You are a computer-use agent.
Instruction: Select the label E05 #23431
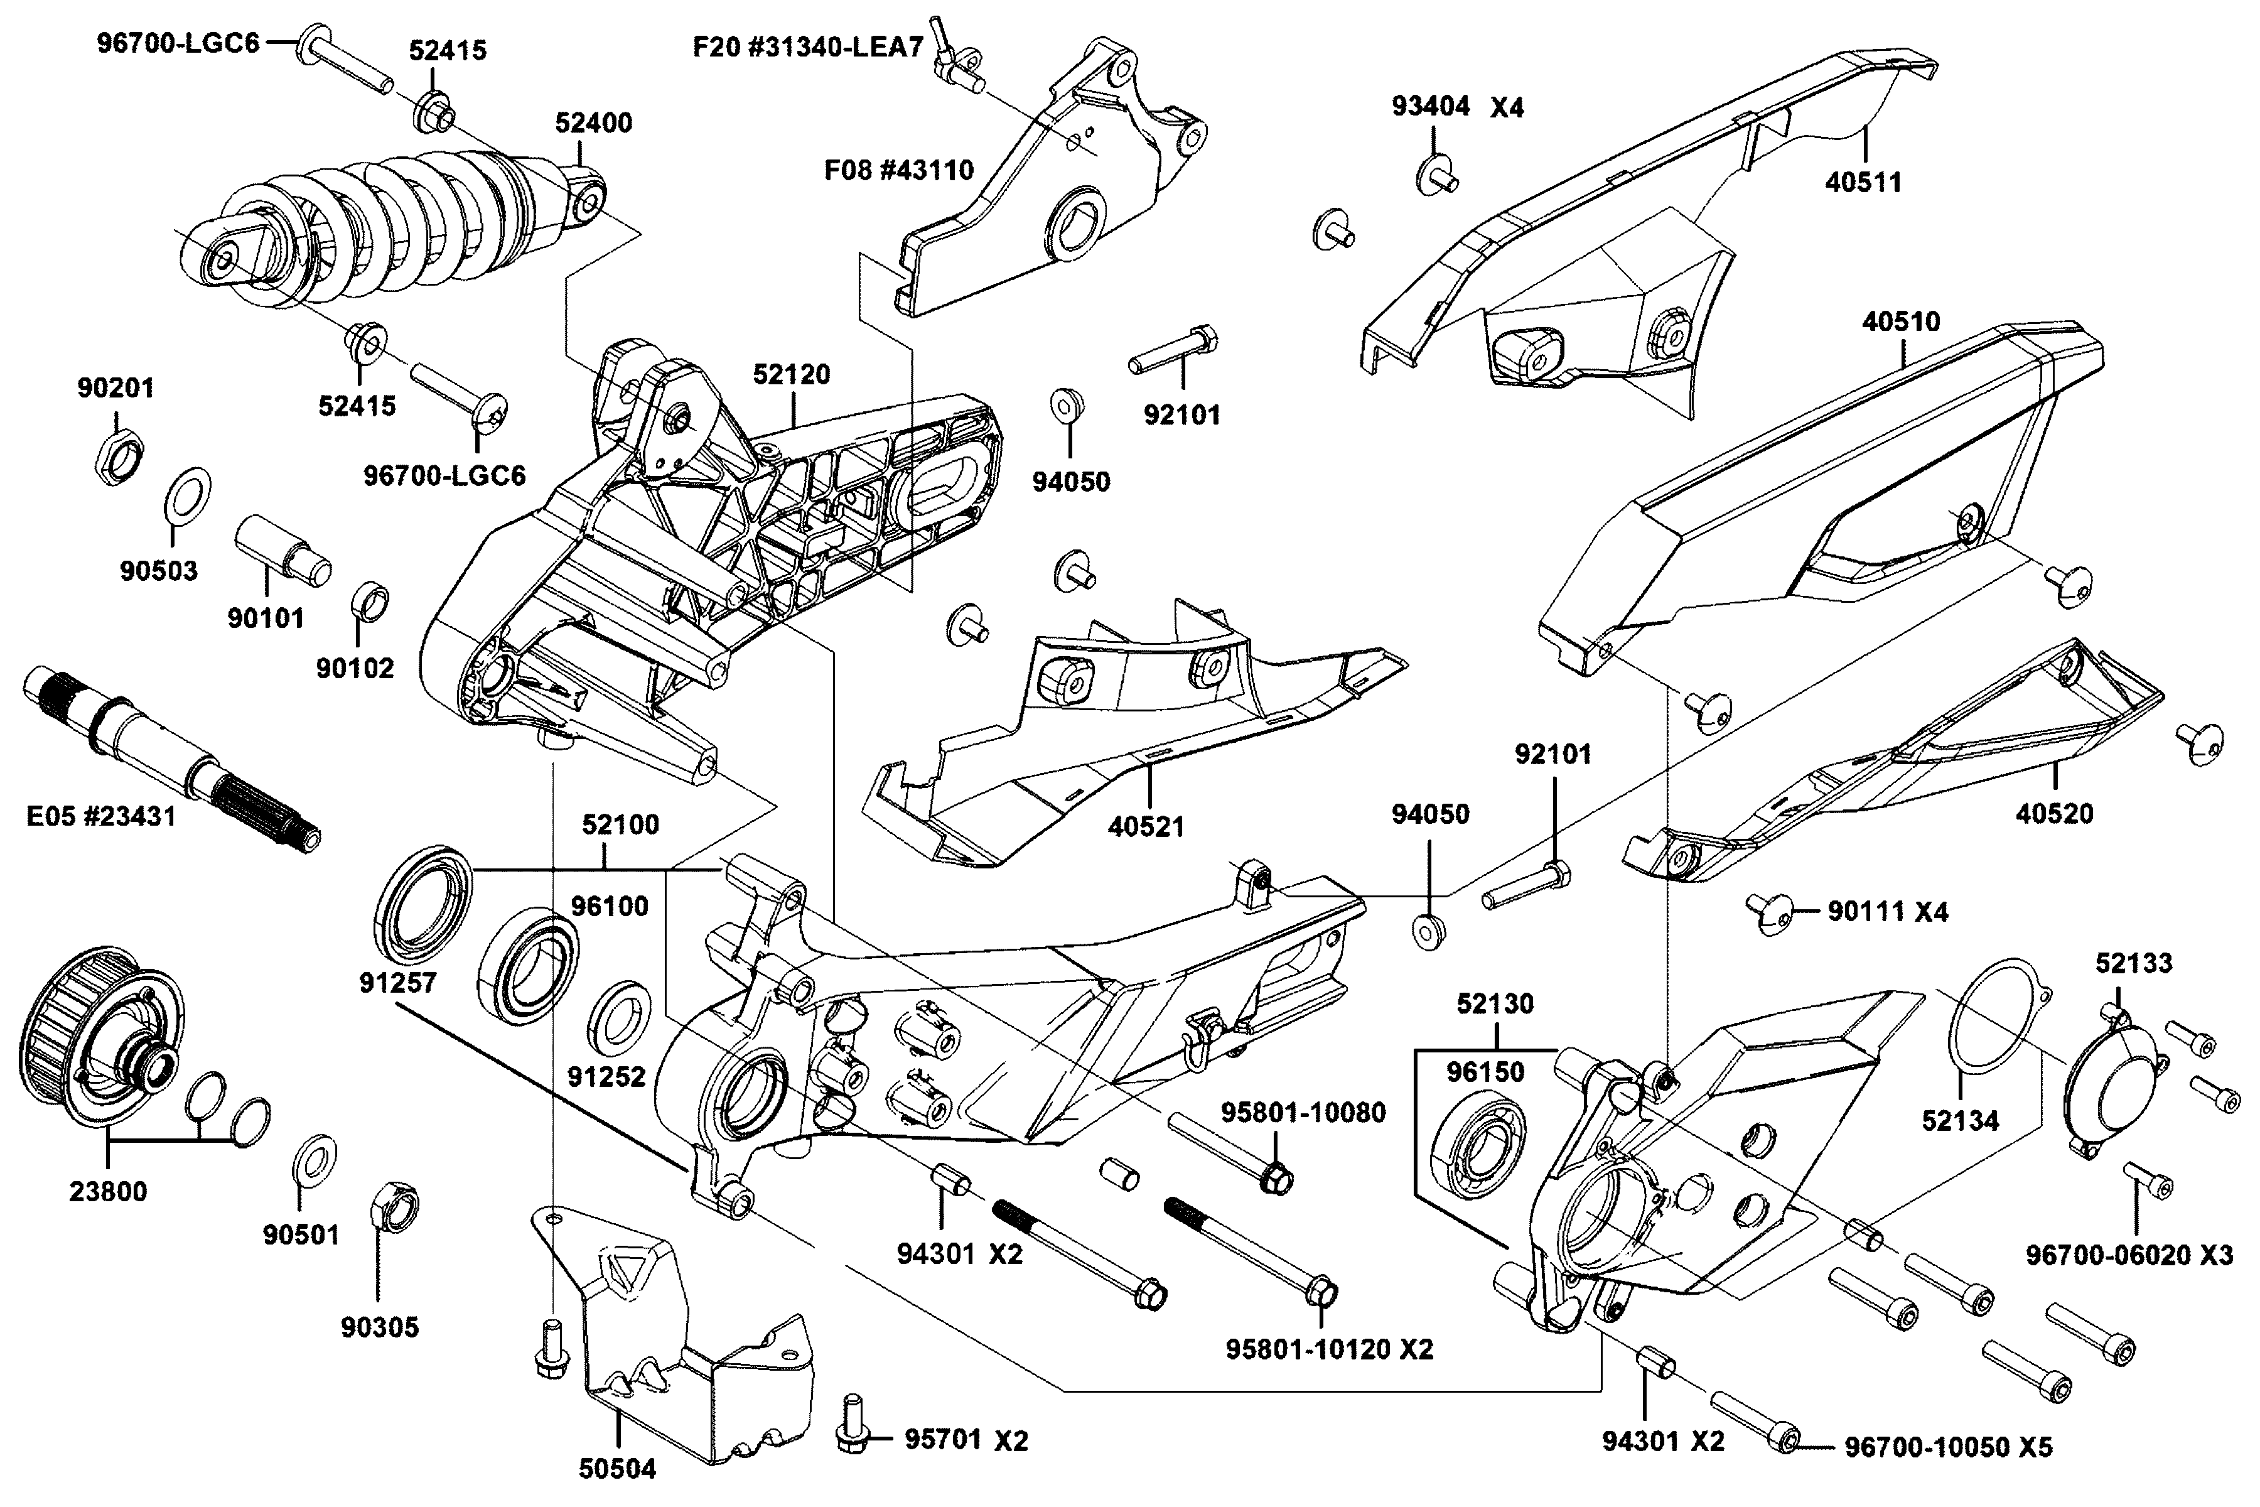click(101, 817)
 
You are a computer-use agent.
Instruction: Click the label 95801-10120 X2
click(1329, 1349)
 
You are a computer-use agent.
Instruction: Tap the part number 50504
click(617, 1469)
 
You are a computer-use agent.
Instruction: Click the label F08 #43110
click(898, 170)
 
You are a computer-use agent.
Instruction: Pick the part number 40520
click(2054, 813)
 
